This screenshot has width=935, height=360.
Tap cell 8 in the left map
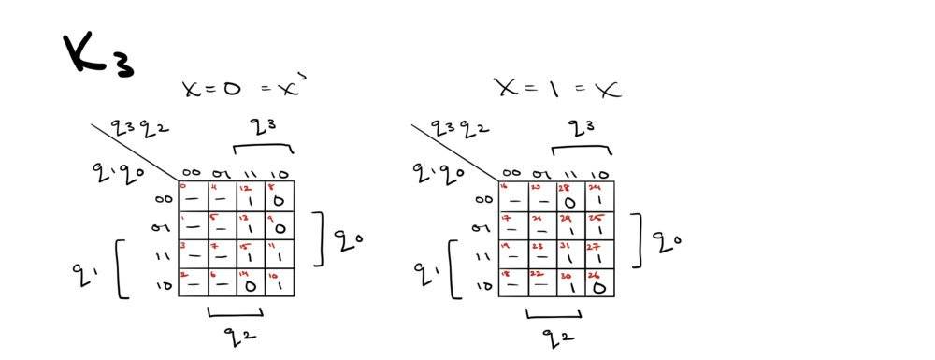[280, 196]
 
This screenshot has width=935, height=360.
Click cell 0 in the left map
[192, 196]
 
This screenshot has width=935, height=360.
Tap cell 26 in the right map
[599, 282]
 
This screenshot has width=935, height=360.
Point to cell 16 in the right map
[512, 196]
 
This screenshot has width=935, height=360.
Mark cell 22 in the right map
[541, 282]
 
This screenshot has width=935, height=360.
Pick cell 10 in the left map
[280, 282]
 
